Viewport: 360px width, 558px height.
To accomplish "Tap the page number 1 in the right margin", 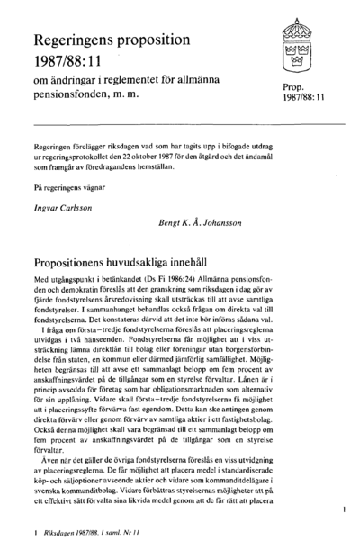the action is click(x=346, y=510).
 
